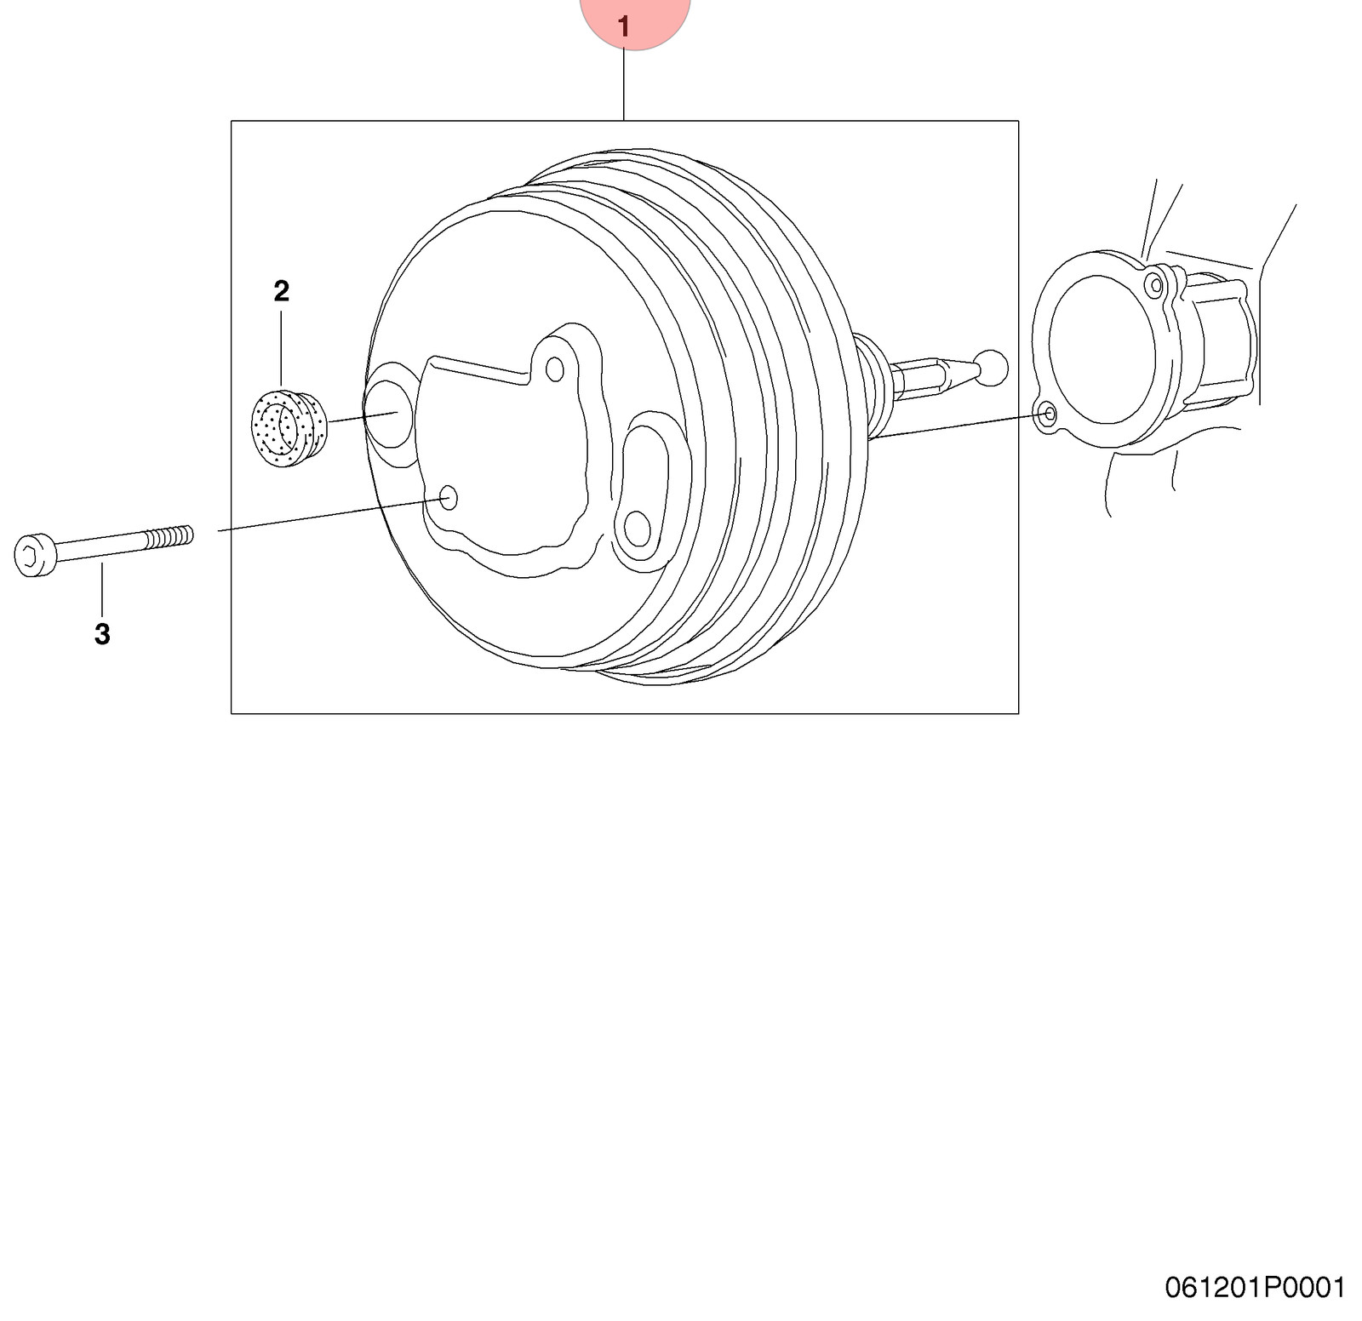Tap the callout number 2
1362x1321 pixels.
coord(282,291)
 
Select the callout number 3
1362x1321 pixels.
coord(102,634)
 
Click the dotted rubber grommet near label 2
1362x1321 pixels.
coord(289,428)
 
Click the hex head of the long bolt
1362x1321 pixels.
coord(35,555)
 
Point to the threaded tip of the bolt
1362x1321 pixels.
coord(169,537)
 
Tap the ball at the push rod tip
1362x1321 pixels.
coord(992,368)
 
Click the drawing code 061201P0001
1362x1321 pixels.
coord(1255,1287)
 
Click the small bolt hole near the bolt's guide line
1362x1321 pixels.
coord(448,498)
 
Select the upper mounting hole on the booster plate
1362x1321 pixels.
coord(555,369)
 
